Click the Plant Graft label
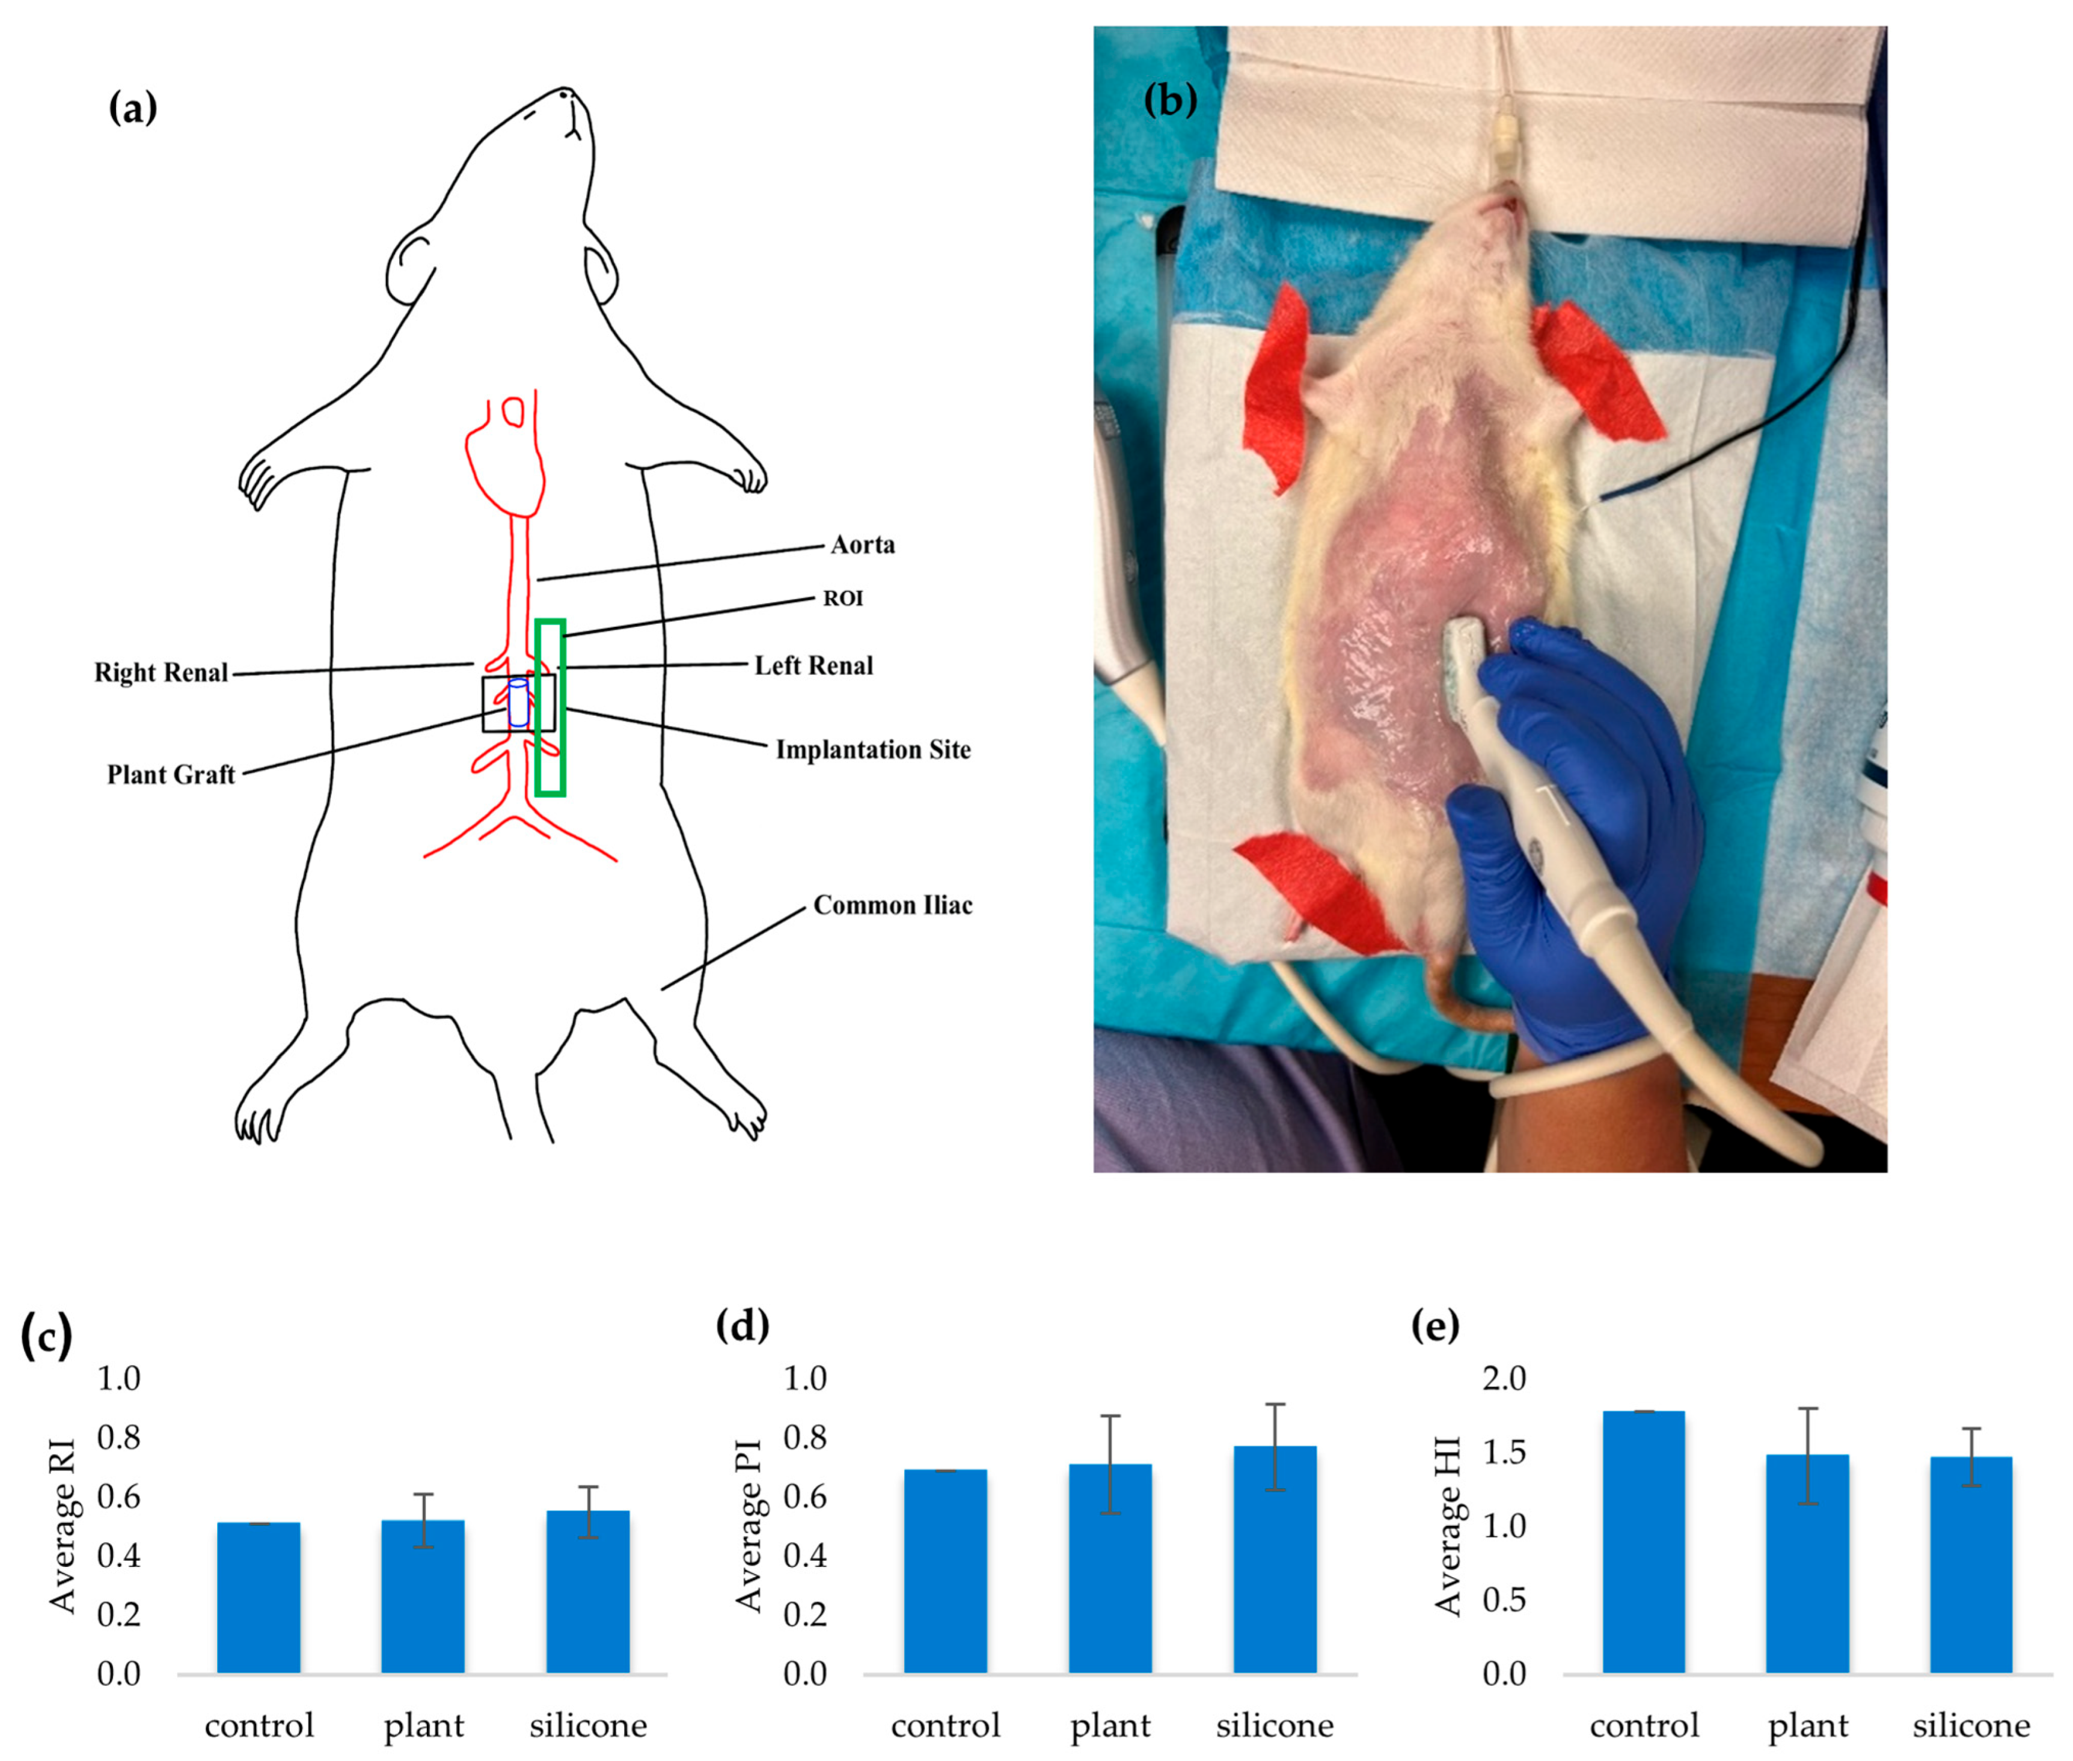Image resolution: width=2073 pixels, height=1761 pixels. point(171,775)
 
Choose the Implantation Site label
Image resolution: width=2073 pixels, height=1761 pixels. point(873,749)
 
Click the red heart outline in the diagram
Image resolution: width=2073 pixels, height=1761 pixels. point(505,459)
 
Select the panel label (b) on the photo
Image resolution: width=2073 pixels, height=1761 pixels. point(1169,100)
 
